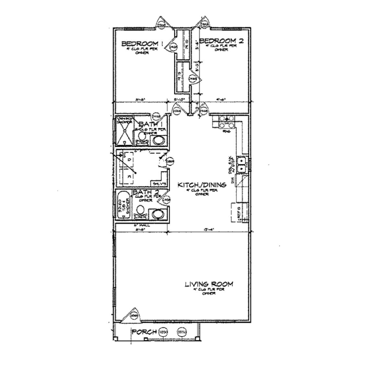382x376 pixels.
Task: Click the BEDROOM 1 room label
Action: click(x=140, y=43)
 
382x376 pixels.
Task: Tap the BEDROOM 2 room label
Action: click(x=221, y=41)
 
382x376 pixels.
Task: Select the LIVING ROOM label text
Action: click(x=209, y=284)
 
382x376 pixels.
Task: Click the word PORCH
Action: click(x=144, y=332)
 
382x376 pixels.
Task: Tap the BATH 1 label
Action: click(x=150, y=124)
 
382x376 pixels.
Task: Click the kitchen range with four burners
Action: click(x=226, y=122)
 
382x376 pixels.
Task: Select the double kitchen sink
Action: click(x=241, y=164)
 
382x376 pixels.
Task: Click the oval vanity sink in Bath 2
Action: click(x=158, y=214)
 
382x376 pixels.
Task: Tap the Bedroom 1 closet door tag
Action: click(x=173, y=47)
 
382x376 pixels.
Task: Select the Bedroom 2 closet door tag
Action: click(x=193, y=78)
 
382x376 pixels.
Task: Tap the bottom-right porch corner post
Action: click(x=197, y=338)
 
